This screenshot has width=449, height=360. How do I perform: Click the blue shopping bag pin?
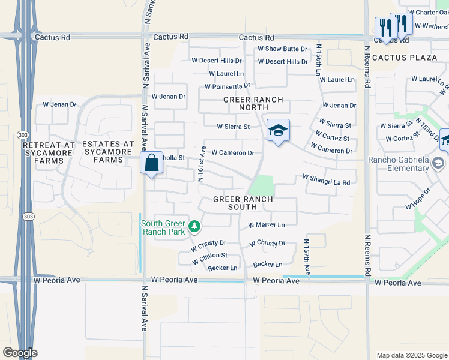click(x=152, y=163)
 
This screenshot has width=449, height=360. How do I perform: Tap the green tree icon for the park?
click(x=194, y=227)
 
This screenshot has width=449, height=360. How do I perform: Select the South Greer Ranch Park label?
click(x=164, y=227)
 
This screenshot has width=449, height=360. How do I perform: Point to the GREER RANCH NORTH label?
click(x=246, y=103)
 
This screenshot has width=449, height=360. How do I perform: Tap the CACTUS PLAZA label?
click(x=405, y=57)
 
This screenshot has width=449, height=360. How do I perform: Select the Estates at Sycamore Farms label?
click(x=108, y=152)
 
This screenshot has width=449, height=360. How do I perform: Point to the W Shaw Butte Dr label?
click(x=282, y=49)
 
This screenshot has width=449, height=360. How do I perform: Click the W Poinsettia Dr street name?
click(x=226, y=86)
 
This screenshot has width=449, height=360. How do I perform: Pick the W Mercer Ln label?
click(x=266, y=225)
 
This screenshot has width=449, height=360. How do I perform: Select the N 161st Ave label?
click(x=202, y=163)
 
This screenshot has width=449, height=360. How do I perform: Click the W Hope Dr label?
click(x=418, y=202)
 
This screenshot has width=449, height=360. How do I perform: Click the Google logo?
click(x=19, y=353)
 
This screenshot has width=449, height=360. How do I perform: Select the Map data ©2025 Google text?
click(x=411, y=355)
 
